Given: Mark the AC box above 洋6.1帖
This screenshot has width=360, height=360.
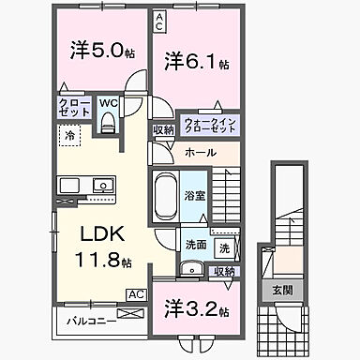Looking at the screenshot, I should click(160, 17).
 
